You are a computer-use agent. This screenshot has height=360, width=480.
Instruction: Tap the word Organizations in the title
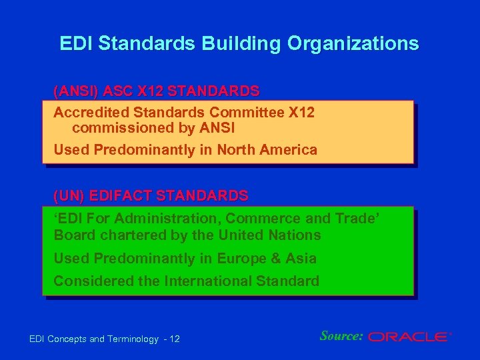point(353,43)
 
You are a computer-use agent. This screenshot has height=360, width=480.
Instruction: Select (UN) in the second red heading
point(69,195)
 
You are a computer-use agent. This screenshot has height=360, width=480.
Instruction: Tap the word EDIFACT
point(123,195)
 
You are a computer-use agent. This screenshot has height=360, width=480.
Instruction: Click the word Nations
point(296,235)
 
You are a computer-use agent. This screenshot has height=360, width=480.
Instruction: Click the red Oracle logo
point(409,337)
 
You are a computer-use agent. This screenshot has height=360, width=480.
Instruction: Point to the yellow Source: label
point(341,336)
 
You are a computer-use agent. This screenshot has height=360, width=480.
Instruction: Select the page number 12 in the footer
point(175,339)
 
